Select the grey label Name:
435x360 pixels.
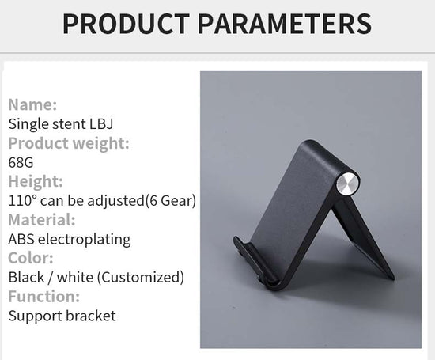[x=32, y=104]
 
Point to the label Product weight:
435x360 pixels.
[x=69, y=143]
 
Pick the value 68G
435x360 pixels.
[x=21, y=162]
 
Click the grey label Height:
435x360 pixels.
[x=36, y=181]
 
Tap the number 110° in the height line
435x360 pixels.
[x=23, y=200]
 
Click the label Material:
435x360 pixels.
[x=42, y=219]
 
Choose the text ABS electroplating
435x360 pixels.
[x=70, y=239]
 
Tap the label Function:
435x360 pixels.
[x=44, y=297]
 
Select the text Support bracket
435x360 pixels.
[x=62, y=316]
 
